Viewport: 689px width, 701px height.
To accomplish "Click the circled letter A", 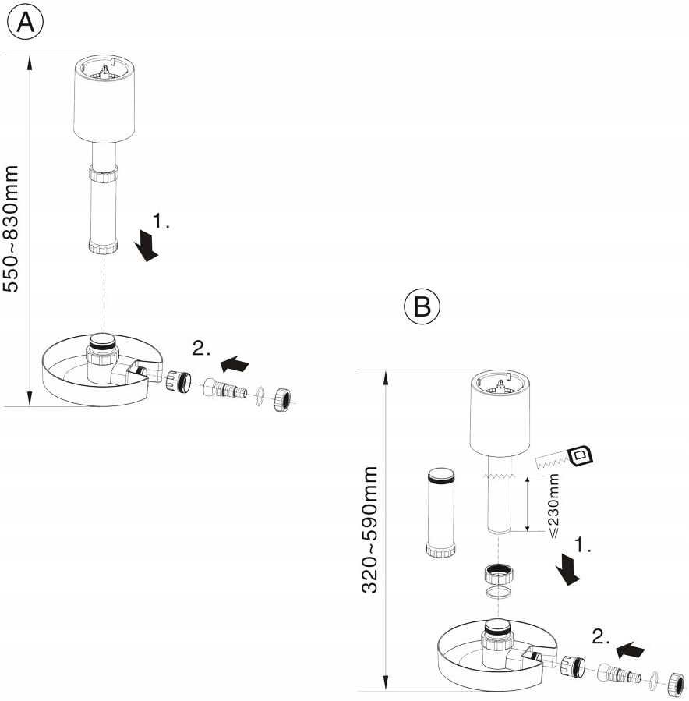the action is pos(25,22).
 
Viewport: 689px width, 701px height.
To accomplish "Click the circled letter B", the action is pos(422,306).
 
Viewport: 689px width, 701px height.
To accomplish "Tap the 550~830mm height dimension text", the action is pos(11,228).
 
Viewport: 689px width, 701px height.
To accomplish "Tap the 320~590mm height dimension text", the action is pos(369,529).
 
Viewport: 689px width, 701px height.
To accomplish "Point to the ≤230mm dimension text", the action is pos(553,505).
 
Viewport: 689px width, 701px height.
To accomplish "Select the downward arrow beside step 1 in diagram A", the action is pos(146,246).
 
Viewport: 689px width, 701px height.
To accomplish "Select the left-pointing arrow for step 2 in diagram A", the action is pos(235,363).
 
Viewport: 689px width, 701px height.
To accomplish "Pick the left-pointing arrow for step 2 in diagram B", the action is pos(630,650).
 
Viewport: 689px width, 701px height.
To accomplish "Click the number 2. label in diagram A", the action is pos(201,349).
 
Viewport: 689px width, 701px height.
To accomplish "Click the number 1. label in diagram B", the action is pos(582,545).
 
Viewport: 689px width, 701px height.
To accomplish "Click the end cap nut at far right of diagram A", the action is pos(281,400).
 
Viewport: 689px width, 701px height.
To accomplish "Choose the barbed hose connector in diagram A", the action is pos(225,389).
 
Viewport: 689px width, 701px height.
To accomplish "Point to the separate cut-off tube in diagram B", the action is pos(441,512).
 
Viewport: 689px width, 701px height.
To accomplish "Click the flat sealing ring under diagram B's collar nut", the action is pos(498,593).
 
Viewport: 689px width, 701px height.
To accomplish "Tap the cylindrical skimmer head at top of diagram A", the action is pos(104,100).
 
